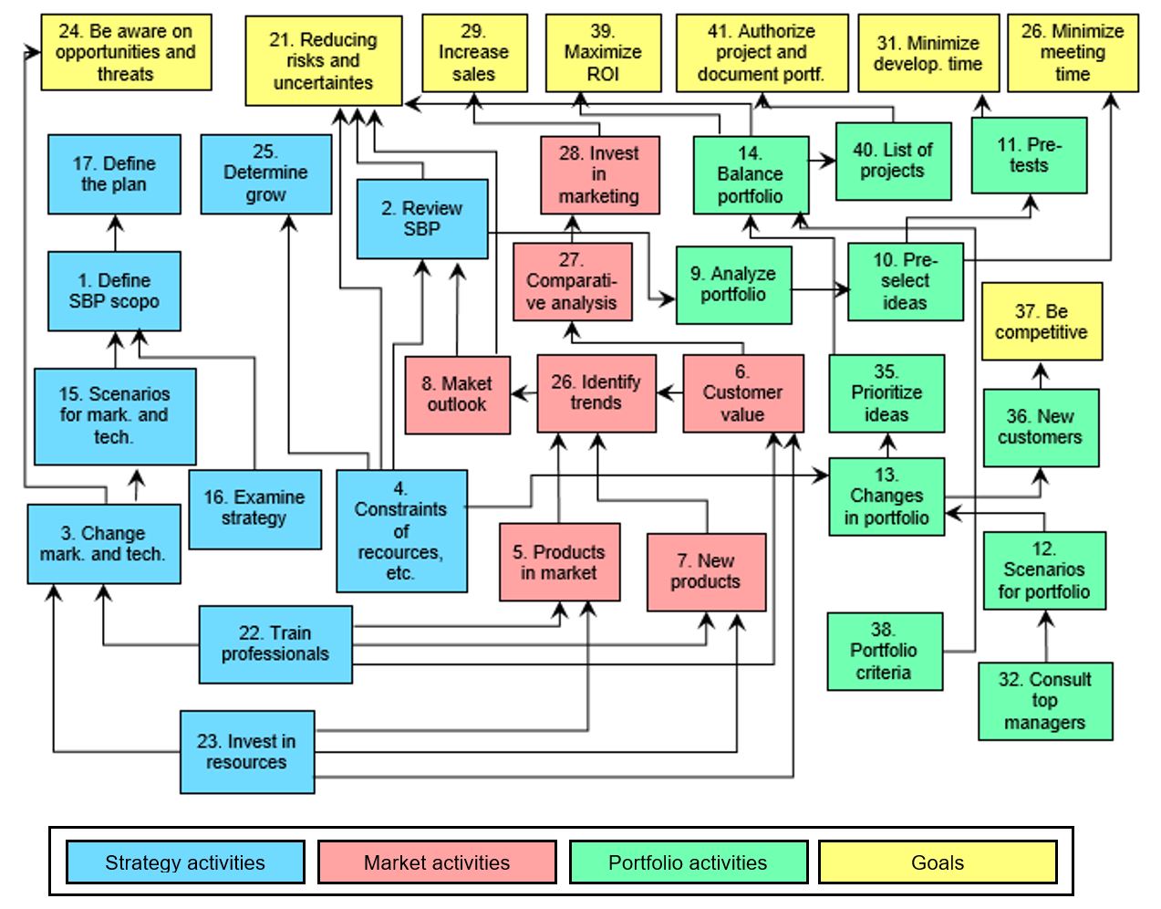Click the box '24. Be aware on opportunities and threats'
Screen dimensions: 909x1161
point(126,52)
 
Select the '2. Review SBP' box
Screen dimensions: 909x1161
point(421,219)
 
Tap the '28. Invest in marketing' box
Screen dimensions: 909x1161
point(599,175)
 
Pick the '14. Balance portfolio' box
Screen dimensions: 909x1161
point(750,174)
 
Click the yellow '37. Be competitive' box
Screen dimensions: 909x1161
point(1041,321)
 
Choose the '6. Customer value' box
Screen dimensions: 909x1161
point(742,393)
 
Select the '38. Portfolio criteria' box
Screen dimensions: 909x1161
point(884,652)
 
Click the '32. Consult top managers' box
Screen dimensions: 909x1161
point(1044,701)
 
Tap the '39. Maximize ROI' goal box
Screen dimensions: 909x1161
point(603,53)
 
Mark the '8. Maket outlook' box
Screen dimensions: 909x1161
point(457,394)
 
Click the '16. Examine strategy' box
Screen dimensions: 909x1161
point(254,508)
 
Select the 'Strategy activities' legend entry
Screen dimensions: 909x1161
point(185,862)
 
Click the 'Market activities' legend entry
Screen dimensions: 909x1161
point(437,862)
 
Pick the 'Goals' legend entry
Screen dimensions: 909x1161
point(938,862)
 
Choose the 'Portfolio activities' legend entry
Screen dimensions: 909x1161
point(688,862)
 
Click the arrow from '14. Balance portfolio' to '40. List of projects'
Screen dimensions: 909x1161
point(823,162)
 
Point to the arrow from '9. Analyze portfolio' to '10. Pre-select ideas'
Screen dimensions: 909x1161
point(820,290)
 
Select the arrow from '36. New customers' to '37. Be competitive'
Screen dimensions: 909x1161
point(1042,374)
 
